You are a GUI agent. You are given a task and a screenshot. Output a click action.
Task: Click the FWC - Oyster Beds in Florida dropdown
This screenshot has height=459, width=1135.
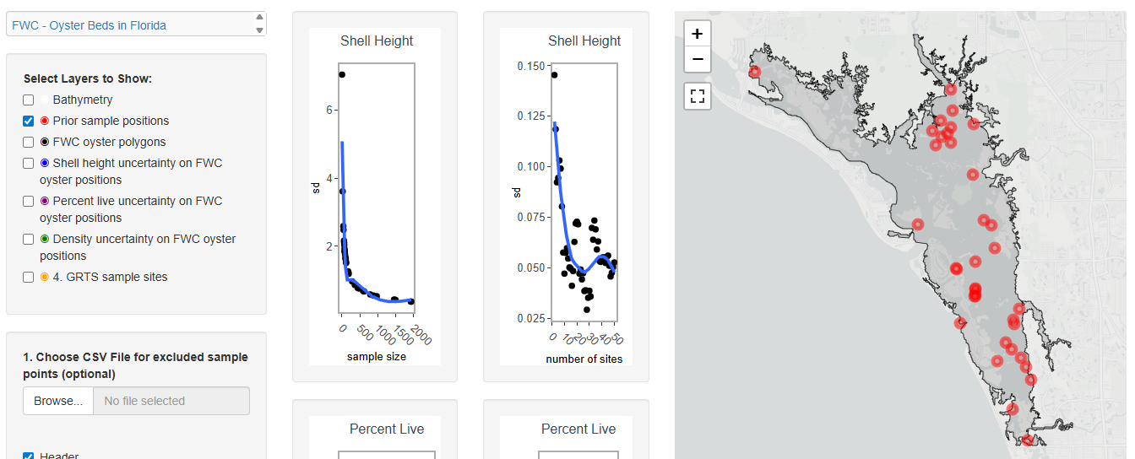click(x=135, y=24)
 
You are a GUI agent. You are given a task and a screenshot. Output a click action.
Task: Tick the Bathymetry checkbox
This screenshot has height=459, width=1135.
click(x=29, y=100)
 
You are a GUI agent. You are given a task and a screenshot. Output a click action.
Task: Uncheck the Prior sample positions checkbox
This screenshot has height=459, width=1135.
click(x=29, y=121)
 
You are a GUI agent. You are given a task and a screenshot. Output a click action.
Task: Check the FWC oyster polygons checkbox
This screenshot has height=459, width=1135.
click(x=29, y=142)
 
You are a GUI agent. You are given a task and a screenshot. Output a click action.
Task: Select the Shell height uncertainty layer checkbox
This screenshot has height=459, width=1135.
click(x=29, y=163)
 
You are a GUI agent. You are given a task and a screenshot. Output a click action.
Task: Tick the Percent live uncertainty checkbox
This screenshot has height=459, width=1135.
click(x=29, y=201)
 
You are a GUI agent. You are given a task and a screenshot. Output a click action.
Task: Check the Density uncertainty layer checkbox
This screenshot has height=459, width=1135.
click(x=29, y=239)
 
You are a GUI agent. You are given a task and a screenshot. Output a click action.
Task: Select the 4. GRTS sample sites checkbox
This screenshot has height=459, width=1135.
click(x=29, y=277)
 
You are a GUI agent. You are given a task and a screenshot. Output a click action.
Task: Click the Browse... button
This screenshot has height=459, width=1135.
click(x=58, y=401)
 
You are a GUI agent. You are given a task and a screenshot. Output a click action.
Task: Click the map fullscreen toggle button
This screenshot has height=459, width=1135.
click(x=697, y=96)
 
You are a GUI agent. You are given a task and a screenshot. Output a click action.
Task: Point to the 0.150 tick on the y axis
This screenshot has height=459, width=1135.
click(x=531, y=66)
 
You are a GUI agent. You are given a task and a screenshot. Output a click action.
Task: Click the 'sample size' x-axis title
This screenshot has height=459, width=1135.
click(x=376, y=357)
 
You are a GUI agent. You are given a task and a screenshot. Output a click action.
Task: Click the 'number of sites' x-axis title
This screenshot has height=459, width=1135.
click(x=584, y=359)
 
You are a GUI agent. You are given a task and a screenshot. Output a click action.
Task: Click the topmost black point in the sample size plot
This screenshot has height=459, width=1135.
click(x=342, y=74)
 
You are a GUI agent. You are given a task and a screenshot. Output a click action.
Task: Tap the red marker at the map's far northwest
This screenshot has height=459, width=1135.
click(x=754, y=72)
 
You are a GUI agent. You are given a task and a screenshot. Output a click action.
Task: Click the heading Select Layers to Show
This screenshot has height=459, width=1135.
click(x=88, y=78)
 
